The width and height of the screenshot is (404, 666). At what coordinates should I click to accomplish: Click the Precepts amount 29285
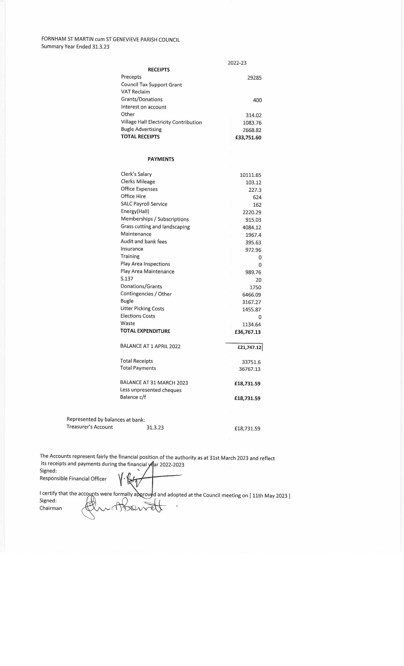(x=254, y=78)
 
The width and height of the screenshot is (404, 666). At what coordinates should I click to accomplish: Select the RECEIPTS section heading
(x=159, y=70)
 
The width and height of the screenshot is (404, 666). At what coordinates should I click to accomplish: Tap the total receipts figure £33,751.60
(x=248, y=137)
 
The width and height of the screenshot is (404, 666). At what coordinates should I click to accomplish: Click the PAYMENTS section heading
(x=161, y=159)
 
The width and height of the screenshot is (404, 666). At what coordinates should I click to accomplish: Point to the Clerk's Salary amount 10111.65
(x=250, y=175)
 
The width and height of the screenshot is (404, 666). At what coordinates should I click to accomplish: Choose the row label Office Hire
(x=133, y=196)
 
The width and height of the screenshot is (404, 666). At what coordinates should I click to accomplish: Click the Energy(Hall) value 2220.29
(x=252, y=212)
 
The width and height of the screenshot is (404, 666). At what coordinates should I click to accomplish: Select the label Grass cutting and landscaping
(x=155, y=226)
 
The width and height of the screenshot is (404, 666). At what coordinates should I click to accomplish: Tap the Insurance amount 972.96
(x=253, y=250)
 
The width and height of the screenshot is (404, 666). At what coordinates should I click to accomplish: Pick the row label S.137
(x=127, y=279)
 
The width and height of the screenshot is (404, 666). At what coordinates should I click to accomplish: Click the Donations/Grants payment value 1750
(x=255, y=287)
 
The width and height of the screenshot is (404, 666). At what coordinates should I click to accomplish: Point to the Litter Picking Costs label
(x=142, y=309)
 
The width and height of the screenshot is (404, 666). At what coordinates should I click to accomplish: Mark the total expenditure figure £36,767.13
(x=247, y=332)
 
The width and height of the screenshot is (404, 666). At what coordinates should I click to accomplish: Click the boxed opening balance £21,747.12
(x=249, y=347)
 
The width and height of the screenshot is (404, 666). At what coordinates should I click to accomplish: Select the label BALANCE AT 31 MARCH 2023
(x=154, y=383)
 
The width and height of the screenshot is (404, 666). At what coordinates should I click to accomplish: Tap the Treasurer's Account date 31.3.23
(x=155, y=428)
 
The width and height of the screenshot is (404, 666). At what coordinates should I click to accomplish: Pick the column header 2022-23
(x=237, y=63)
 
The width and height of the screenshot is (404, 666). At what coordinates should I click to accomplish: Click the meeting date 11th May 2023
(x=270, y=496)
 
